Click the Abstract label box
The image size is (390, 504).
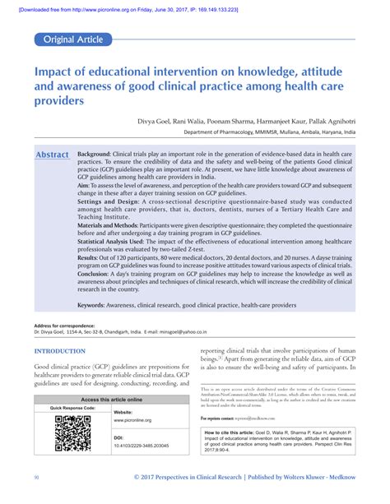(x=53, y=155)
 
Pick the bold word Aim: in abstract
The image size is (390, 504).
(x=86, y=187)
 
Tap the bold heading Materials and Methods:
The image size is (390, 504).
(x=115, y=224)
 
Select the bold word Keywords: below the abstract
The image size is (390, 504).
(x=96, y=305)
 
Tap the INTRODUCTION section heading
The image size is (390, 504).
(x=63, y=350)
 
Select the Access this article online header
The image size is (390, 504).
(x=111, y=400)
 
